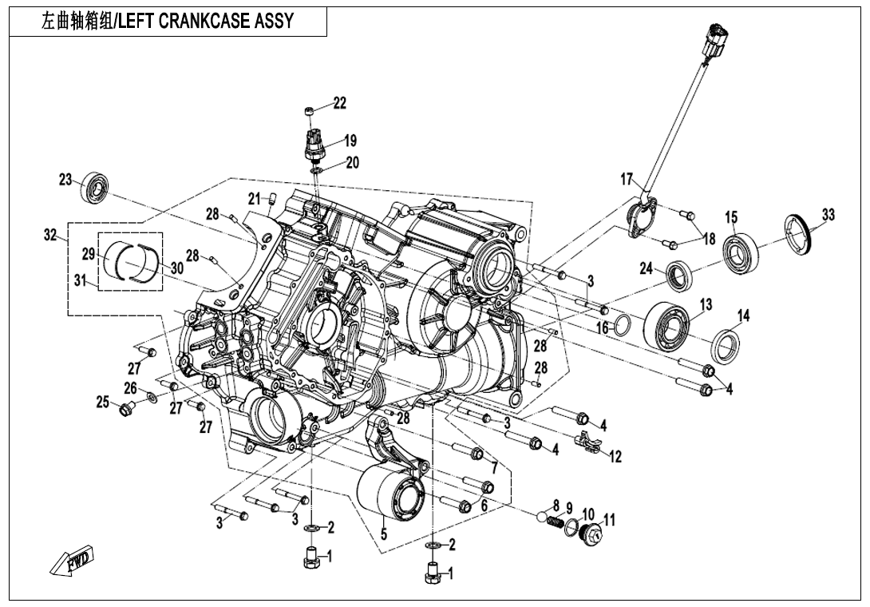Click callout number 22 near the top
coord(340,103)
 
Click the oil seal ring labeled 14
coord(726,345)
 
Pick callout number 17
coord(627,179)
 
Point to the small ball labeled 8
coord(548,520)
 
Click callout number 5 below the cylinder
coord(384,534)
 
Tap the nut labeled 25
coord(125,411)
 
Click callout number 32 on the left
coord(51,236)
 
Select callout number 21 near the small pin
coord(254,198)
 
